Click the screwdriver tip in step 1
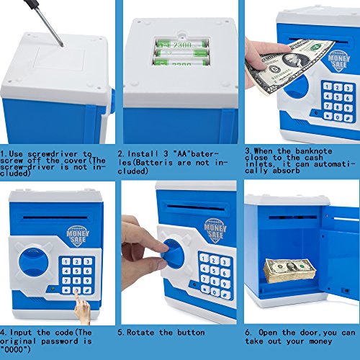coord(62,45)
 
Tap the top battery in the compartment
coord(181,44)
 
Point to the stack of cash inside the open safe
coord(290,271)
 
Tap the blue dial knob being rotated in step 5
coord(172,252)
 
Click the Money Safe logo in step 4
coord(78,236)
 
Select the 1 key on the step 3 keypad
coord(328,86)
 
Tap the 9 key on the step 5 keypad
coord(225,284)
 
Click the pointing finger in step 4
coord(82,307)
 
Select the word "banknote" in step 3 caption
coord(314,151)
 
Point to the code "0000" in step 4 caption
coord(15,349)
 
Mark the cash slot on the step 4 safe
coord(55,217)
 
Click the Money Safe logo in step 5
coord(215,230)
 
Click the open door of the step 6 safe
coord(341,252)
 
